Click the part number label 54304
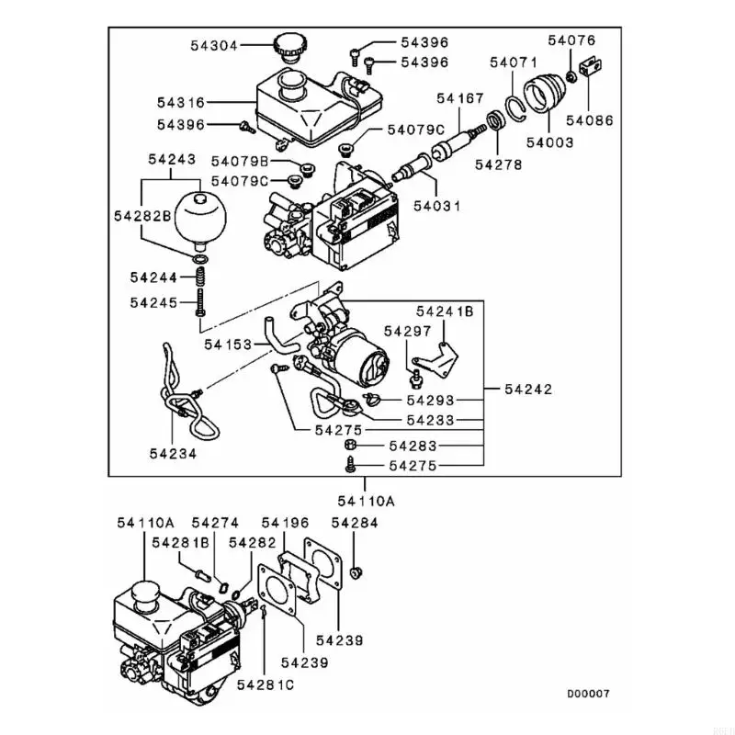(x=214, y=45)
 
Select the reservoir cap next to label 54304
(x=288, y=47)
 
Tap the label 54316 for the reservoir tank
(x=181, y=102)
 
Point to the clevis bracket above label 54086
(x=591, y=66)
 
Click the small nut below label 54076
(x=571, y=76)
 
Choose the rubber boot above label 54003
(x=544, y=93)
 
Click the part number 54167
(x=460, y=98)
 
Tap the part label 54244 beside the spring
(x=153, y=277)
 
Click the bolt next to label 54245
(x=200, y=302)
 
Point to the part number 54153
(x=228, y=345)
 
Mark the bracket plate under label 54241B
(x=437, y=358)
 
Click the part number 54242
(x=529, y=389)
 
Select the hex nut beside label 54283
(x=353, y=445)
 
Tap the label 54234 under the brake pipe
(x=173, y=453)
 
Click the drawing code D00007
(x=588, y=694)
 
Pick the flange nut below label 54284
(x=356, y=571)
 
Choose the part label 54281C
(x=266, y=684)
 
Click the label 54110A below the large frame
(x=366, y=501)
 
